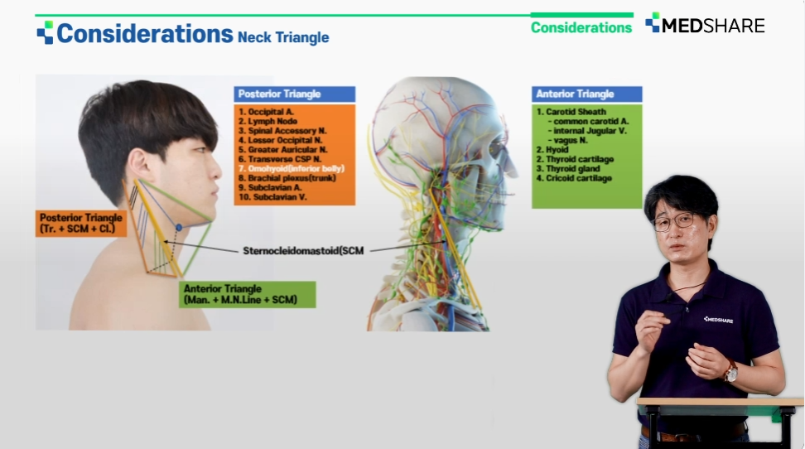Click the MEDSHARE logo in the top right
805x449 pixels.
[705, 24]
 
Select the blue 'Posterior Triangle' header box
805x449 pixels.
[295, 94]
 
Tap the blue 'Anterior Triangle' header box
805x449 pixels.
[587, 94]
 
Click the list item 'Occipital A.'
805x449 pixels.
[266, 112]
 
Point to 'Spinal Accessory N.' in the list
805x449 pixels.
[282, 131]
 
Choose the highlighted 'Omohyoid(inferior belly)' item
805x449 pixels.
[291, 168]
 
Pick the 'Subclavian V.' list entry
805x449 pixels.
[272, 197]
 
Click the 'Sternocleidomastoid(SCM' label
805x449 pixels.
[303, 251]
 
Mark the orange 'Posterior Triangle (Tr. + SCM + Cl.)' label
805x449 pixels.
[81, 224]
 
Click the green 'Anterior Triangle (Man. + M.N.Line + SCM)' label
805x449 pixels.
[247, 294]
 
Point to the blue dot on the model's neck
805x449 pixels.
[179, 227]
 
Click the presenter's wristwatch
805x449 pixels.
[730, 371]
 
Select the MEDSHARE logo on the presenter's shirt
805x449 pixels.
[718, 320]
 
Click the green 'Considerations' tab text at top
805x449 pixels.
[581, 27]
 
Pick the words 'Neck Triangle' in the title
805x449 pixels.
[283, 37]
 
